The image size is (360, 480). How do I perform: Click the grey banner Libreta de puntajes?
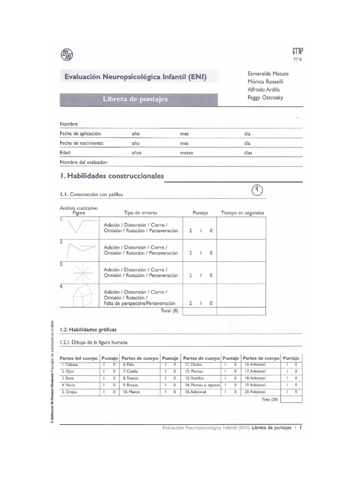[135, 99]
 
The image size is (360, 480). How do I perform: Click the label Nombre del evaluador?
[84, 162]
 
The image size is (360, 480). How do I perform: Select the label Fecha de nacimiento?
[81, 143]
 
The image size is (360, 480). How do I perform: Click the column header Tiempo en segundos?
[242, 213]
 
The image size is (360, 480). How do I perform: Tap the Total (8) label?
[169, 311]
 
